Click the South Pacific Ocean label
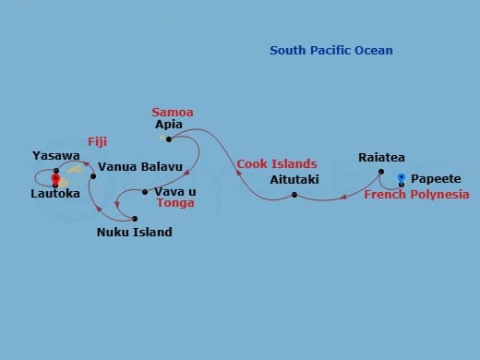pos(330,51)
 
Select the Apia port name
pos(169,124)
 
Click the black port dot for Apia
pos(169,139)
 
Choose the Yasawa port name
pos(55,156)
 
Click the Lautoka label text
pos(54,194)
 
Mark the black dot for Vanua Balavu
pos(93,175)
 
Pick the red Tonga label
pos(175,203)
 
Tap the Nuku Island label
pos(134,233)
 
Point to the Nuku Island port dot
pos(135,219)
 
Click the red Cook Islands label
pos(277,164)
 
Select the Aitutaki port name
pos(294,179)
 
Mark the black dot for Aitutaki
pos(294,195)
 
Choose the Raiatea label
pos(381,158)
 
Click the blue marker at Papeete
pos(401,176)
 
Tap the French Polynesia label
pos(416,195)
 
